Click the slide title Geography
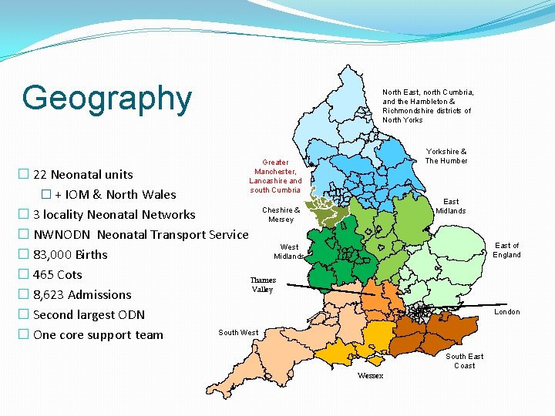(106, 99)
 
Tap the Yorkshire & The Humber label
(446, 156)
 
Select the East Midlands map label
(451, 206)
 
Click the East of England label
(506, 250)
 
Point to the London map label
(506, 312)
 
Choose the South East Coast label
(465, 361)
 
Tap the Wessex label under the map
(370, 376)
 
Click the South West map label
(238, 333)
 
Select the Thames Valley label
(263, 285)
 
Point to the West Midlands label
(289, 252)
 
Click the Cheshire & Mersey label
(281, 215)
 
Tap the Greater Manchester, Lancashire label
(275, 176)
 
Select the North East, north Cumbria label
(428, 106)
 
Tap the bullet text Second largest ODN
(89, 315)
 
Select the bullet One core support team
(98, 335)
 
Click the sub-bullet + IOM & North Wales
(115, 195)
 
